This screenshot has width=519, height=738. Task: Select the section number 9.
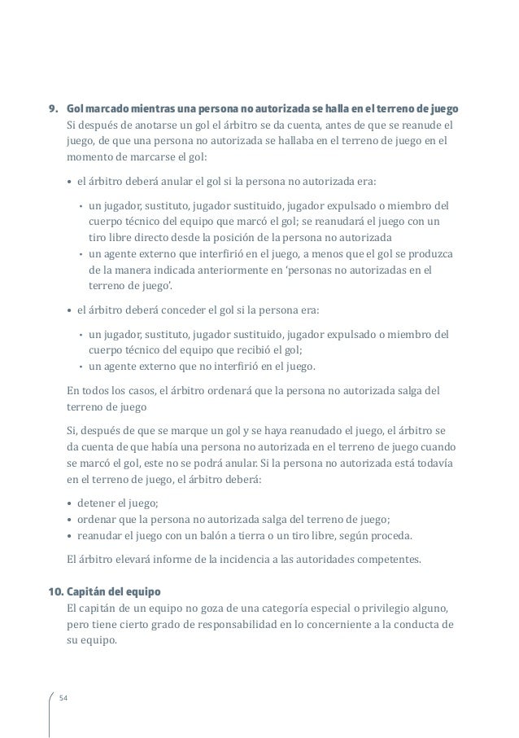(54, 108)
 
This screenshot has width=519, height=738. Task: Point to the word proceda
(391, 536)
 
